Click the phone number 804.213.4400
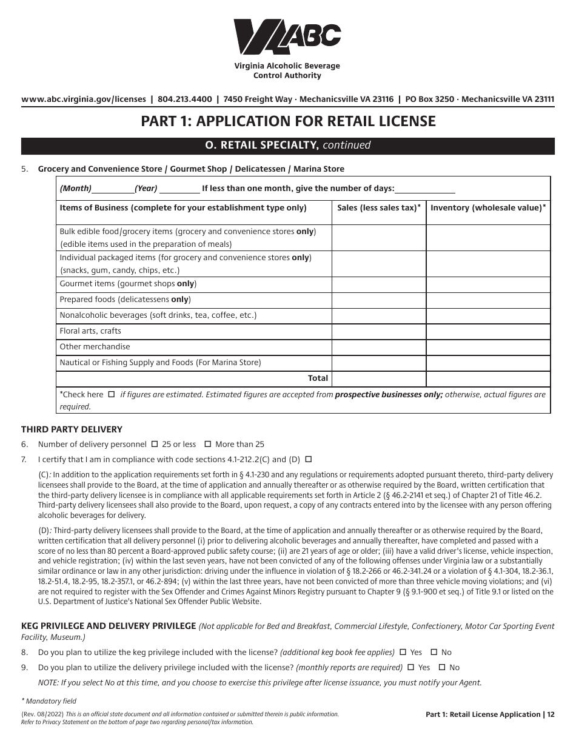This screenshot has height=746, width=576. coord(185,99)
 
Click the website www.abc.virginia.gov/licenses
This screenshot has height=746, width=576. coord(84,99)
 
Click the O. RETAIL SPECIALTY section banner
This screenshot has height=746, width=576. coord(288,146)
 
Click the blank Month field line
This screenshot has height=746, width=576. coord(113,189)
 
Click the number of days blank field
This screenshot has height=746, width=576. coord(424,189)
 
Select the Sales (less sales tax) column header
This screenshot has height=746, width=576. coord(379,208)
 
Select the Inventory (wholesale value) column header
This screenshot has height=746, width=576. coord(488,208)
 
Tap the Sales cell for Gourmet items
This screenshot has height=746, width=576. coord(379,284)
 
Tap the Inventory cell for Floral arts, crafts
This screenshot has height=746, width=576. coord(488,331)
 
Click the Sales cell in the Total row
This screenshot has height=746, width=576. coord(379,378)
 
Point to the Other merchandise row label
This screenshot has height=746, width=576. coord(95,347)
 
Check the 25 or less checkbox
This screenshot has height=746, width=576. coord(154,445)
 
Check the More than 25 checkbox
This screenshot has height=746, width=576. coord(207,445)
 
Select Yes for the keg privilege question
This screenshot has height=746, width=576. coord(403,653)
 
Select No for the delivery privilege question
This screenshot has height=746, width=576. coord(441,668)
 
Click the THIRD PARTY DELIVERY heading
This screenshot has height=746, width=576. coord(72,429)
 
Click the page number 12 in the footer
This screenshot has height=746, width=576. coord(550,714)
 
